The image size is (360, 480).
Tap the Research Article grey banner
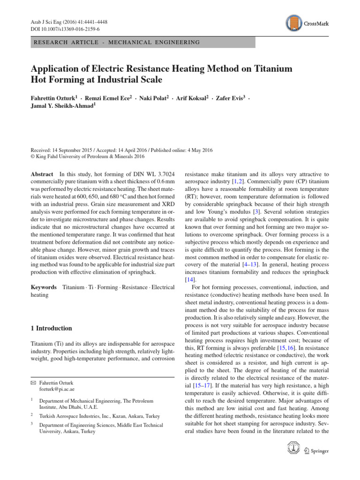[x=142, y=42]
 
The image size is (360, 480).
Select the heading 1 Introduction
[x=51, y=328]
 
